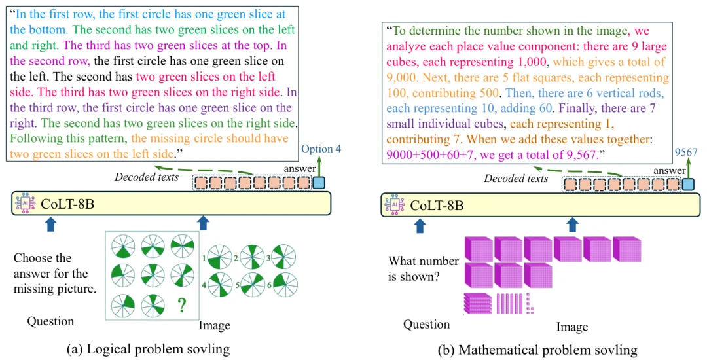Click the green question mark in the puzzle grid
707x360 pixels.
[181, 305]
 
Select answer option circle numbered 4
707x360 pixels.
[220, 285]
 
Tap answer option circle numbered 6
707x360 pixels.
[285, 285]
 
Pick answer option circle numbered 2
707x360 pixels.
[251, 257]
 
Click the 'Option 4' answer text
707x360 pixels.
[321, 149]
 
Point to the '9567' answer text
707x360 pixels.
[686, 153]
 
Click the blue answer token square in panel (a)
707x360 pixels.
[319, 183]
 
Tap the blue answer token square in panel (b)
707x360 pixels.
[688, 185]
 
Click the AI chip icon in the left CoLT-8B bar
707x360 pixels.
[25, 203]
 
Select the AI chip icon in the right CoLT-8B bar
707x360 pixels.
[394, 205]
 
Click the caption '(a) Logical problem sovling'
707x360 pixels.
[148, 349]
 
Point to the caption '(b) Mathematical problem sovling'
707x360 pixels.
[537, 350]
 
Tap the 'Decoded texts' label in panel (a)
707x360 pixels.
[147, 177]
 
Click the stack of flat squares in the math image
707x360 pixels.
[478, 303]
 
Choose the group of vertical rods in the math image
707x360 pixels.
[509, 303]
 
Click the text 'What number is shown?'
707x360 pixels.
[424, 268]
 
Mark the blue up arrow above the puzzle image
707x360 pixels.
[204, 223]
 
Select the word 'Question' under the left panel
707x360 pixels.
[50, 321]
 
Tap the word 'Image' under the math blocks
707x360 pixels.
[572, 327]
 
